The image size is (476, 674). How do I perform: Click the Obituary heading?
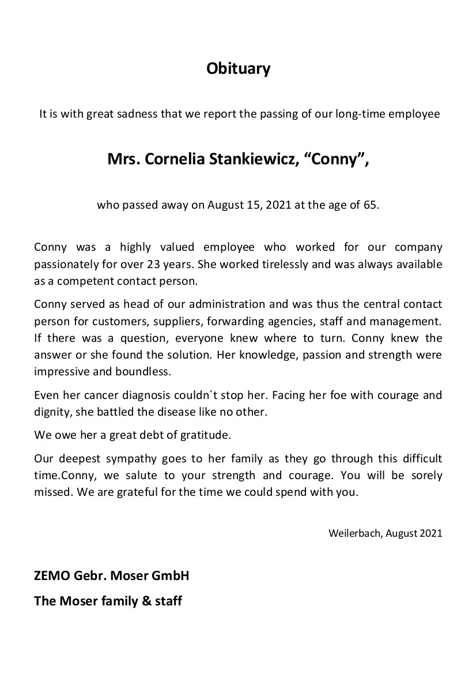point(238,69)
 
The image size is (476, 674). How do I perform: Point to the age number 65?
point(371,205)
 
